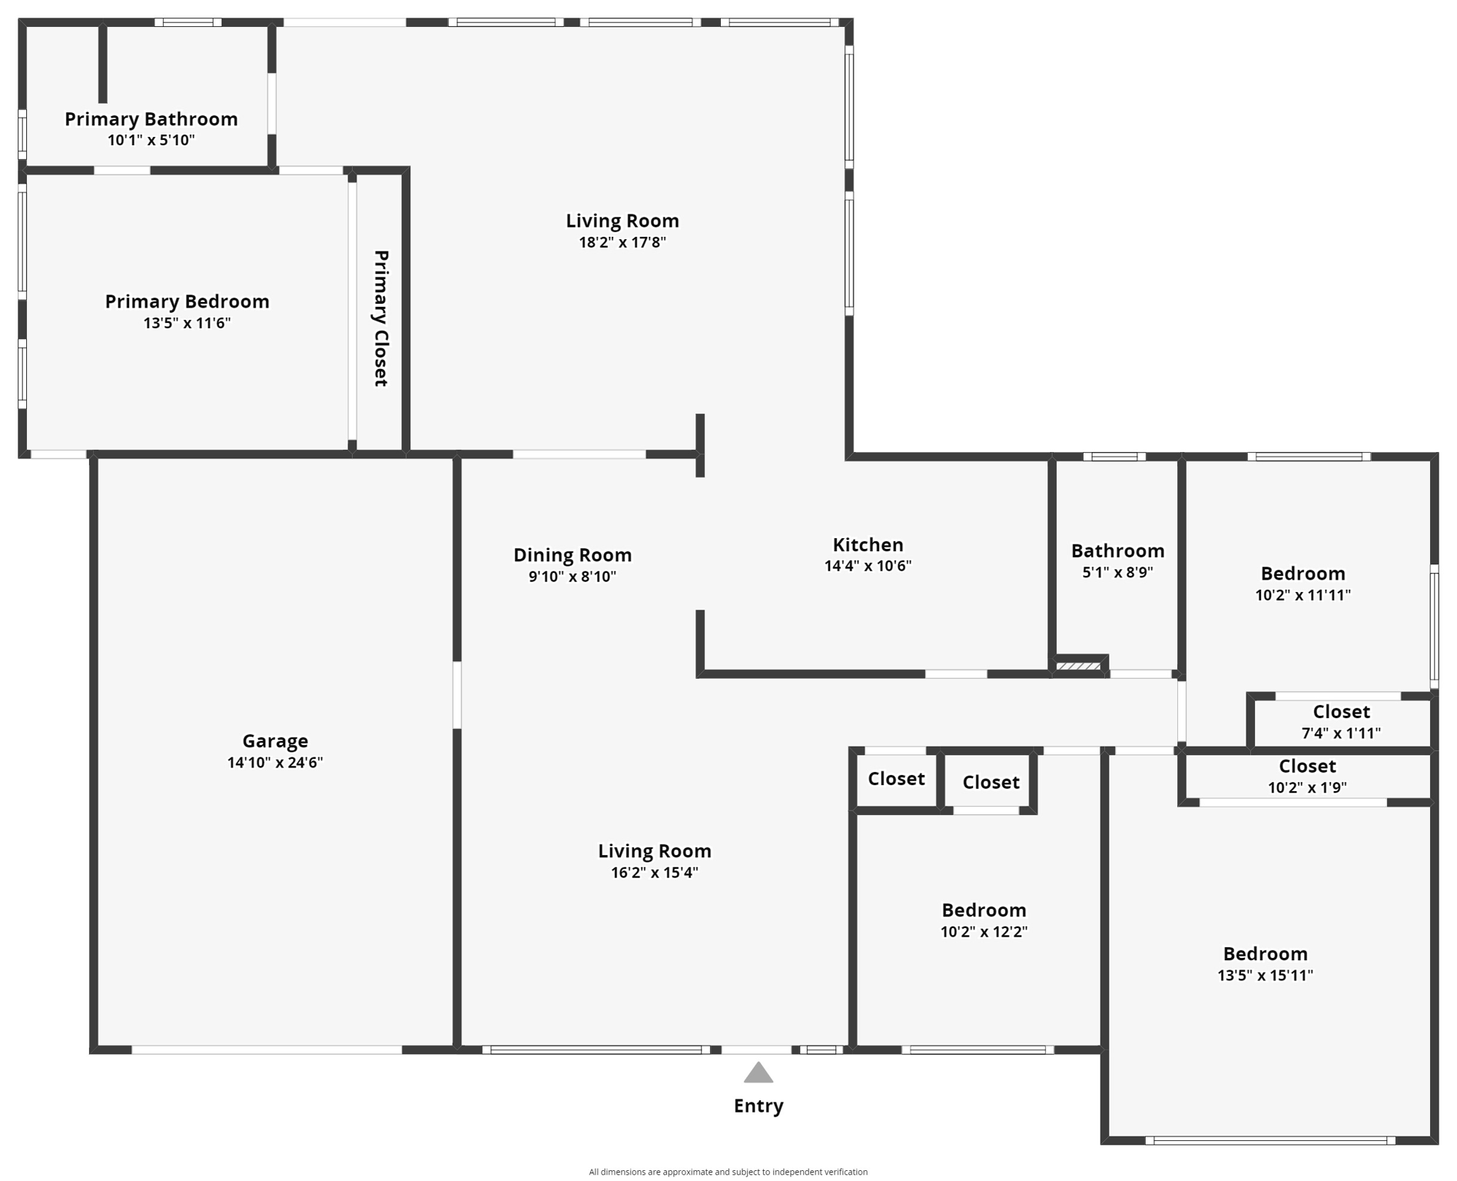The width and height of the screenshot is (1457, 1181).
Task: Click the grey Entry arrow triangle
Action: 758,1074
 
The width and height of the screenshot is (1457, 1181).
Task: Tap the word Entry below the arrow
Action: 758,1106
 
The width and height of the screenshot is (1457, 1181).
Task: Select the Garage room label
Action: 275,741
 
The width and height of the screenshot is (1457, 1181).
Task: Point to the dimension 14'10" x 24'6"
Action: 275,763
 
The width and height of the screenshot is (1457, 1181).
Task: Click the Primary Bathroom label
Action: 151,119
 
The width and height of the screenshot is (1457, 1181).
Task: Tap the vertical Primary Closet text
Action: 381,318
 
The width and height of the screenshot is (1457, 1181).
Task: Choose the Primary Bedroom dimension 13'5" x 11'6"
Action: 187,323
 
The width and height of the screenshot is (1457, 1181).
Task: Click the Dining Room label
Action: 572,555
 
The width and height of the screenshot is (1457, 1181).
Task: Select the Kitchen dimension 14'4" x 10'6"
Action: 868,566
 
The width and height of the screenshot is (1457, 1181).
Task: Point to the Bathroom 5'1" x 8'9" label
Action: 1117,572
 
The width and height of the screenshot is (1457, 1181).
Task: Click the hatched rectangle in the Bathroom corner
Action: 1078,666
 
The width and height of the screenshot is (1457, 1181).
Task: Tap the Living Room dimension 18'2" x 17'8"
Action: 622,242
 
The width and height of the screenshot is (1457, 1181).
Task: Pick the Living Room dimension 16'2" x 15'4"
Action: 654,873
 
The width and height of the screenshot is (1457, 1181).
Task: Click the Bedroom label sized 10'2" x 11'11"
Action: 1303,574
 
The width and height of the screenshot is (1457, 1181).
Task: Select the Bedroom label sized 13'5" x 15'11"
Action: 1265,954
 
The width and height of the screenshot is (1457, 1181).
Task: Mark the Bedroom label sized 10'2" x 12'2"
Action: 984,910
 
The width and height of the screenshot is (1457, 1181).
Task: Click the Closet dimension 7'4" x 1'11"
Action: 1341,734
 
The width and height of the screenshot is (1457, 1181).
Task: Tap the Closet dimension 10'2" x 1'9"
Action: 1307,787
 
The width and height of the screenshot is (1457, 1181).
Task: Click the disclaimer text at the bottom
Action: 728,1172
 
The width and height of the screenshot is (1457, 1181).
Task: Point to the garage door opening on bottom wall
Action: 267,1050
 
